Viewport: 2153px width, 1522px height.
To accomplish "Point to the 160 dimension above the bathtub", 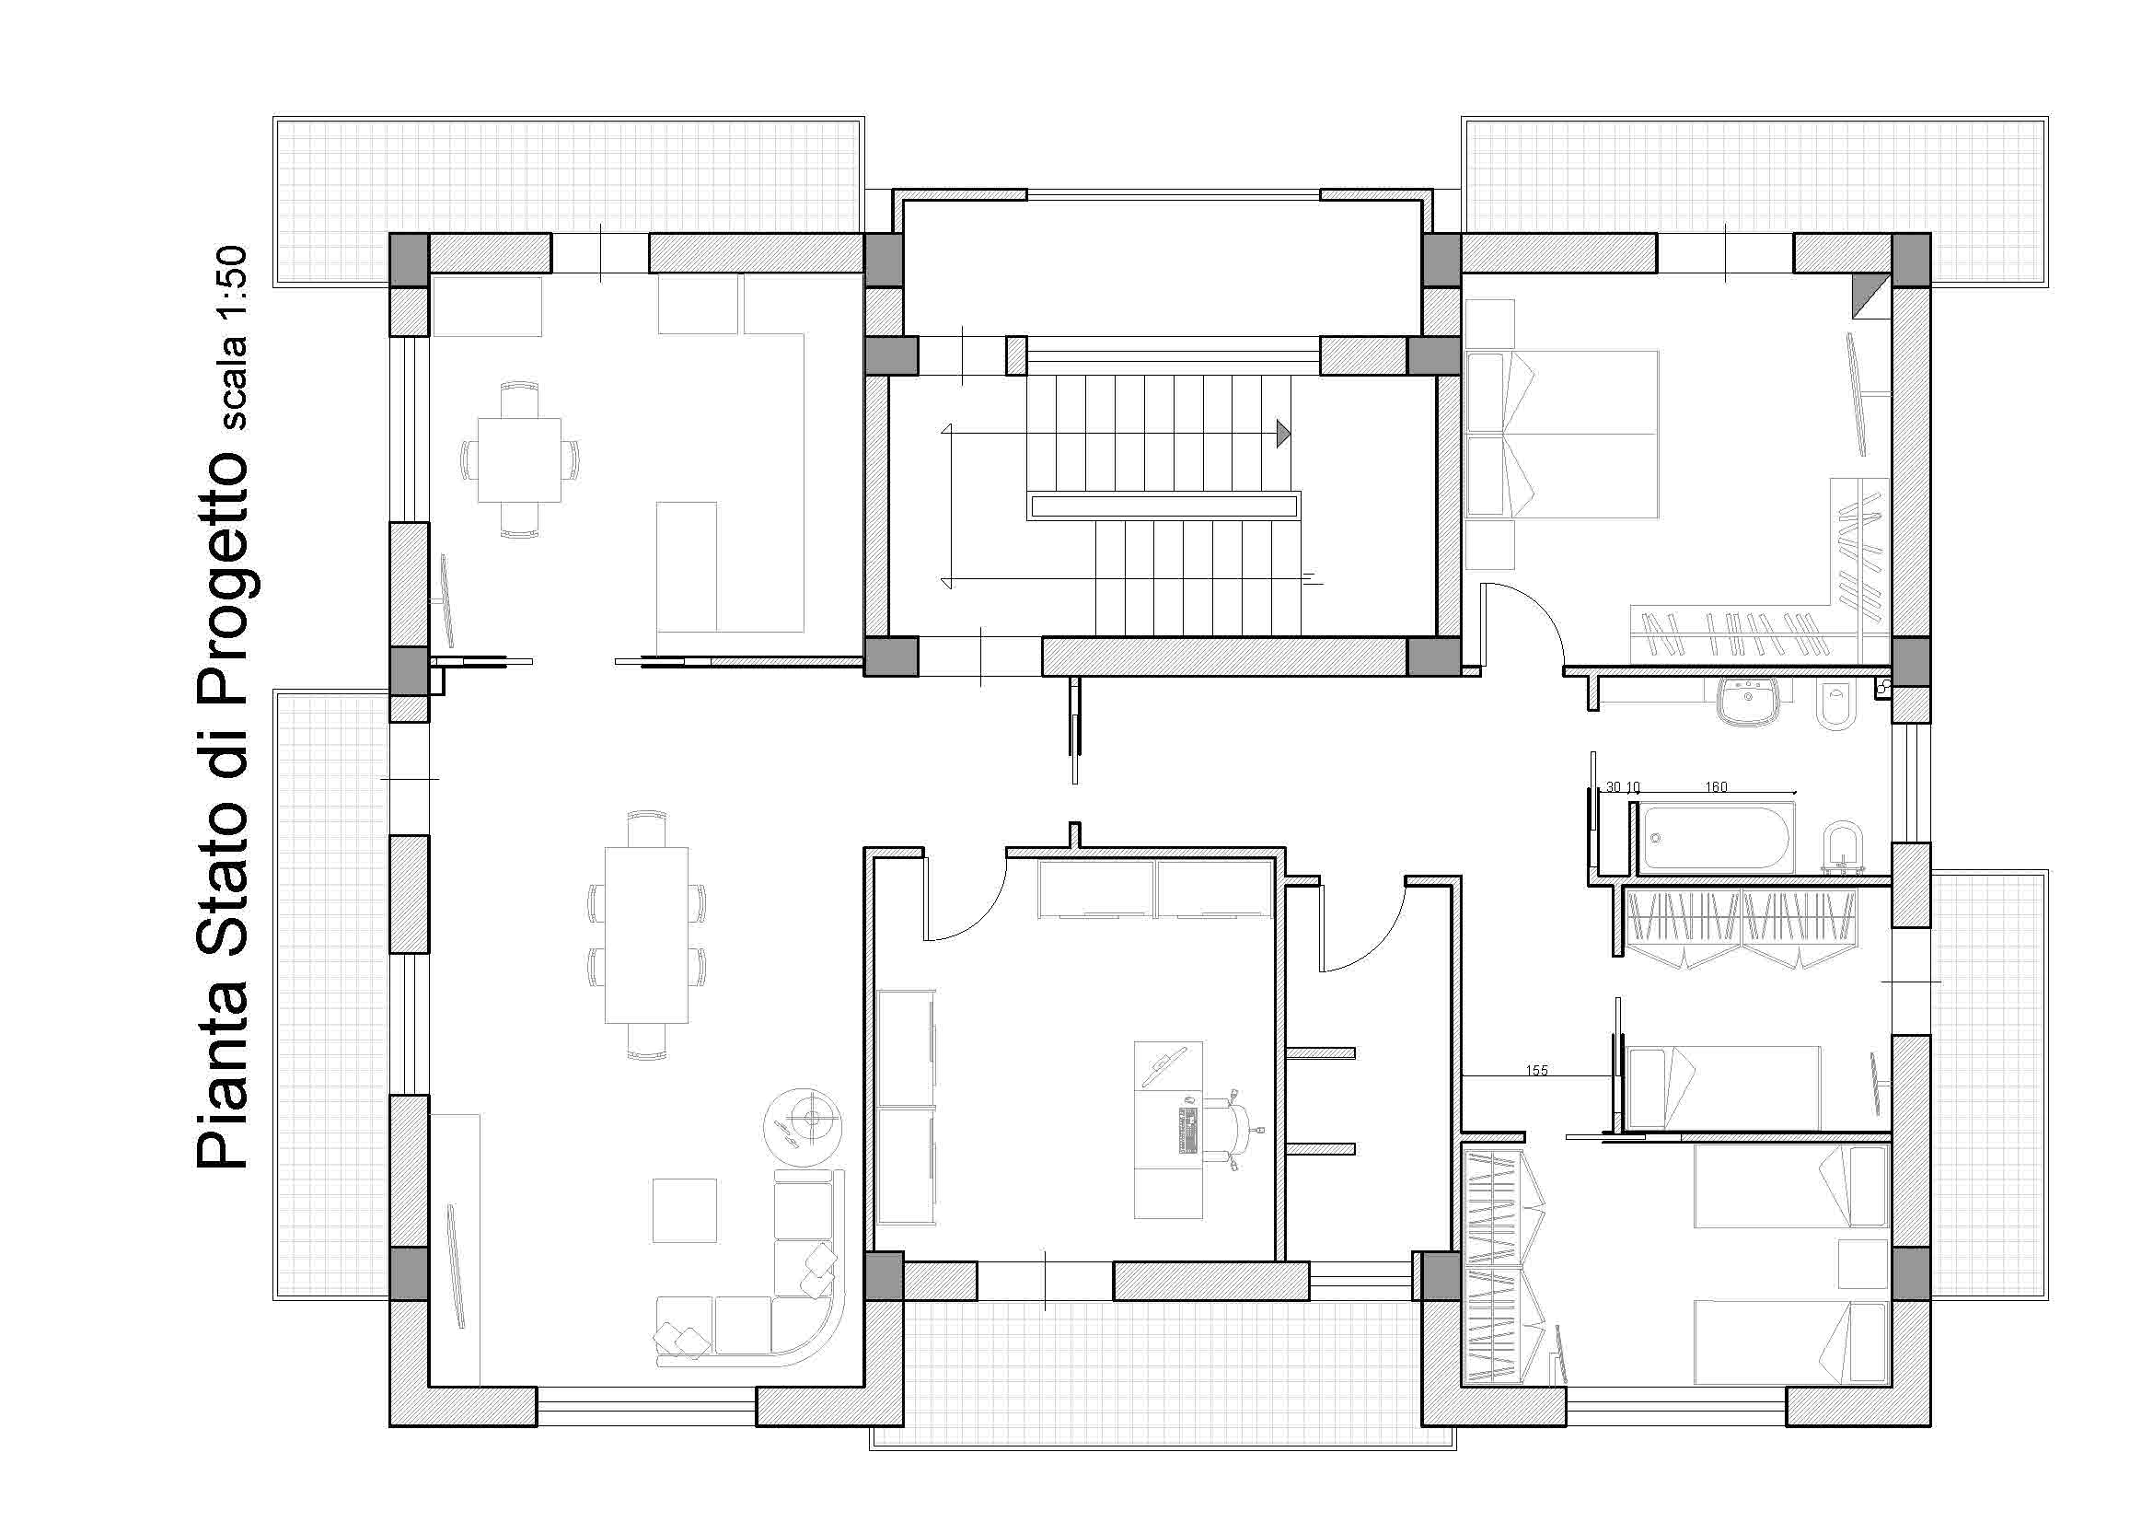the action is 1716,787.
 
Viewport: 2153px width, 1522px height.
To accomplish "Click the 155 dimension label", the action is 1537,1070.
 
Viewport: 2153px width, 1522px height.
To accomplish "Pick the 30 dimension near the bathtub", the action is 1614,787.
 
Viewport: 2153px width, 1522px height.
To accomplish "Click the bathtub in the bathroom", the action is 1717,838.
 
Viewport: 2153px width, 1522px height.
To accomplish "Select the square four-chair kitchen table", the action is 519,459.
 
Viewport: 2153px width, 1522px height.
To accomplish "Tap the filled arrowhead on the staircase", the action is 1282,434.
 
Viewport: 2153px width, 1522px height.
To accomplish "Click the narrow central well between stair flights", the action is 1163,507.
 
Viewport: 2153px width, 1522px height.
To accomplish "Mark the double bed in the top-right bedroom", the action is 1561,435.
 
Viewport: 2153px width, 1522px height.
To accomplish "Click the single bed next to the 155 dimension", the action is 1722,1086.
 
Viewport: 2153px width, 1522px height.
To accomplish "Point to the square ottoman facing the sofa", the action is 685,1211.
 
